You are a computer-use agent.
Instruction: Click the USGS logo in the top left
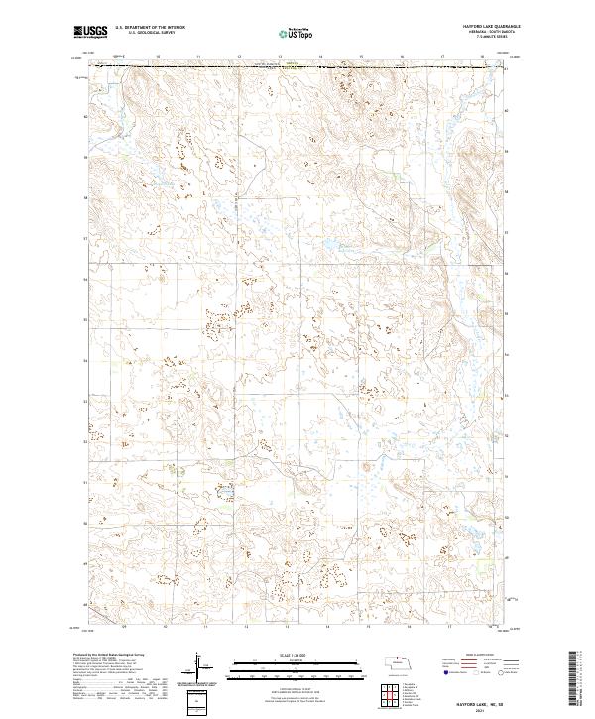pyautogui.click(x=89, y=32)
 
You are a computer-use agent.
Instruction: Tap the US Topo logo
pyautogui.click(x=297, y=33)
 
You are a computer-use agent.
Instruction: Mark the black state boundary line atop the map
pyautogui.click(x=297, y=67)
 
